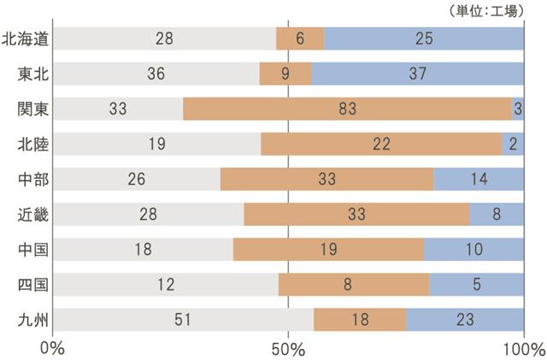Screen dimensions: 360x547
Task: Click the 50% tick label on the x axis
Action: (288, 349)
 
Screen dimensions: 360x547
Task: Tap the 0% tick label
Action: (52, 349)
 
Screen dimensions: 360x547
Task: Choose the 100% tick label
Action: (523, 349)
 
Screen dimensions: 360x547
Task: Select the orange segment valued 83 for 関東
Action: (347, 109)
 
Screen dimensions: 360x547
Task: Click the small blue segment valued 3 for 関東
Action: (518, 109)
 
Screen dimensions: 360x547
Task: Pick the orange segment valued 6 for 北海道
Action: (300, 38)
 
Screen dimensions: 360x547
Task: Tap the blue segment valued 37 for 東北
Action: (418, 74)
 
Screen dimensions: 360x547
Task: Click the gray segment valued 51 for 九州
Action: (182, 320)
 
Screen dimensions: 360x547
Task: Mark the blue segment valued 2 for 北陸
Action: (513, 145)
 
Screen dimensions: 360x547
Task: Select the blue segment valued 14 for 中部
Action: (479, 180)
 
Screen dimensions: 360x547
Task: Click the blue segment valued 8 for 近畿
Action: (497, 215)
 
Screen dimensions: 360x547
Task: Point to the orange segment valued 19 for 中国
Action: (328, 250)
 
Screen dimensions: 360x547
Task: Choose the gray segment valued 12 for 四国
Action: (165, 285)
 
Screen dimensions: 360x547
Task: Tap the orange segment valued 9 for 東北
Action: (285, 74)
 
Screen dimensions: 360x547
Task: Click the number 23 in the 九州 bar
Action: (465, 320)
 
